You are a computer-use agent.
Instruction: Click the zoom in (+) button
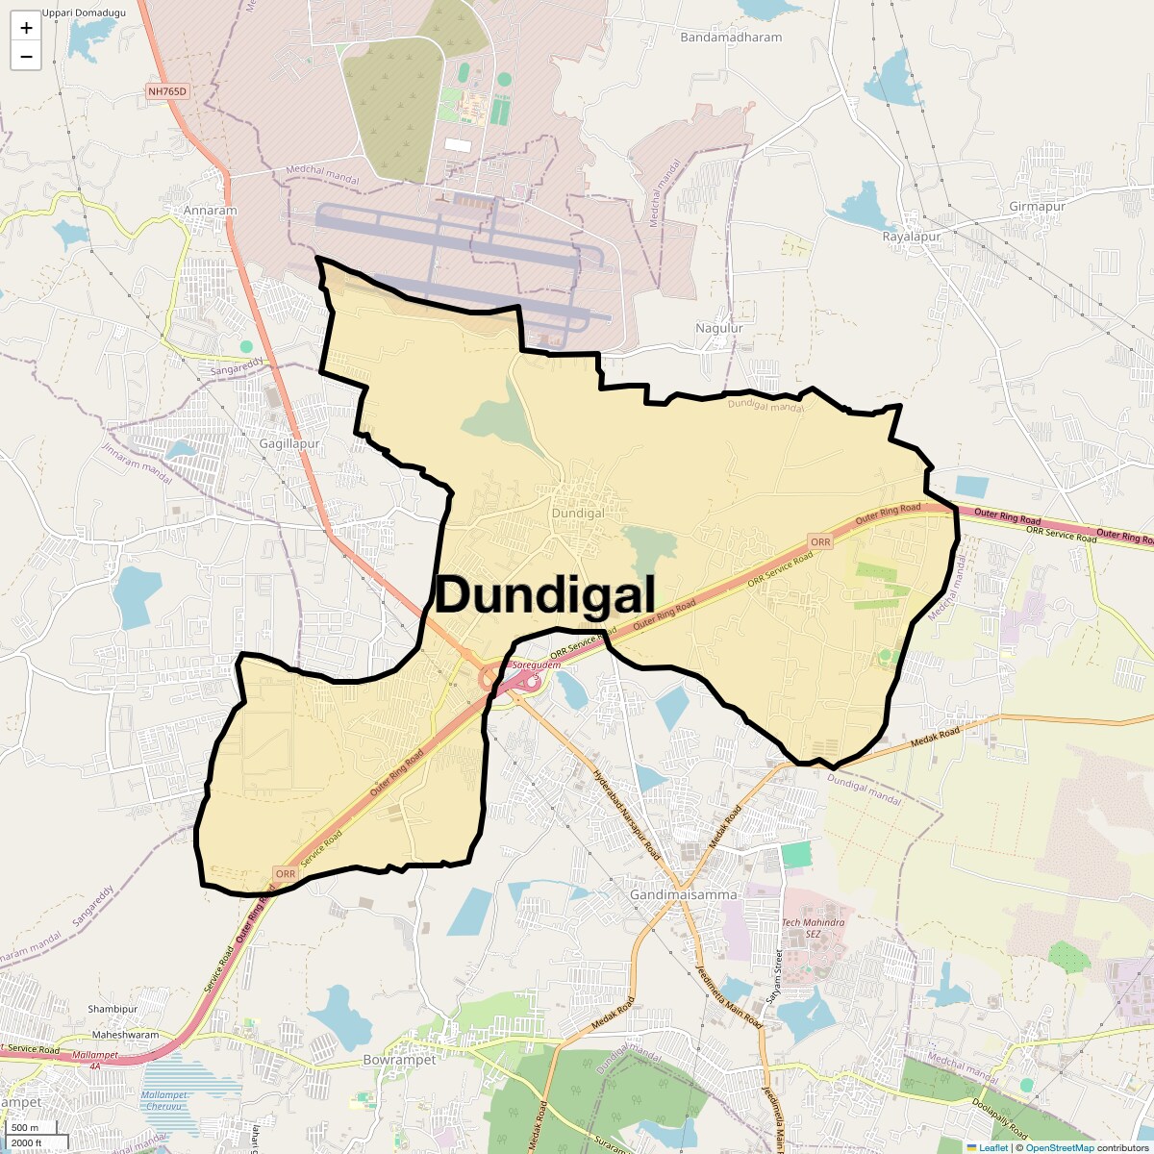pos(26,28)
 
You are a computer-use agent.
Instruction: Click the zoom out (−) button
pos(26,57)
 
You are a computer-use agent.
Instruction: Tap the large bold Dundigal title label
pos(545,595)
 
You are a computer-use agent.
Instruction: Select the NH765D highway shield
pos(168,91)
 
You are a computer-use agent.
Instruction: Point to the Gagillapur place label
pos(289,444)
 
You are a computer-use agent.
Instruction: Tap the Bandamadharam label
pos(731,38)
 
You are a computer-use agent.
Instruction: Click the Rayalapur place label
pos(912,236)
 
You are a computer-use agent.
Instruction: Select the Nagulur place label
pos(719,328)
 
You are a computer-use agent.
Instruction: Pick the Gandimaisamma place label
pos(684,894)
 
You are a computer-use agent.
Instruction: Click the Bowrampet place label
pos(399,1060)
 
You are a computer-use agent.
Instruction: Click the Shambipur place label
pos(113,1009)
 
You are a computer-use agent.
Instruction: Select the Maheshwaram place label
pos(125,1035)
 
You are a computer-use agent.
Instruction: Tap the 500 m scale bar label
pos(26,1127)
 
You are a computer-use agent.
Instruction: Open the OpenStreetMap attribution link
pos(1059,1147)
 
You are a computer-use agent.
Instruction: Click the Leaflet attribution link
pos(993,1147)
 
